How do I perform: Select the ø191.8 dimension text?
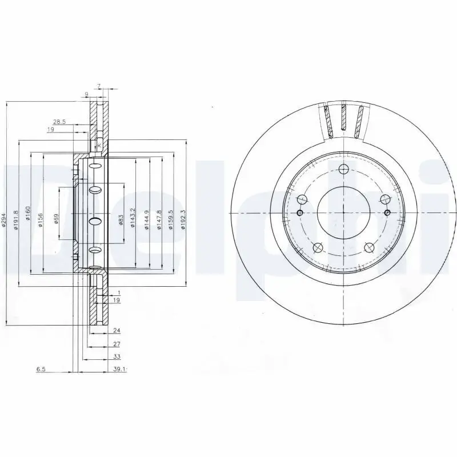[17, 220]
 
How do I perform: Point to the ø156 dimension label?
[41, 220]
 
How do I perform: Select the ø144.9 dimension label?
[146, 219]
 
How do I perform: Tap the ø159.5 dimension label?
[171, 219]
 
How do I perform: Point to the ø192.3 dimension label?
[183, 219]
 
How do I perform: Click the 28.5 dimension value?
[59, 122]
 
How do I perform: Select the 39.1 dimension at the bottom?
[119, 370]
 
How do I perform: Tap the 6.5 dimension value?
[41, 370]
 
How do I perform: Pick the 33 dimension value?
[117, 357]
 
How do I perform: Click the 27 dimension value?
[117, 344]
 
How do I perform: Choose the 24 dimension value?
[117, 330]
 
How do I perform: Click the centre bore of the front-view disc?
[343, 213]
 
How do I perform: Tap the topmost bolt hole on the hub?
[343, 169]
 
